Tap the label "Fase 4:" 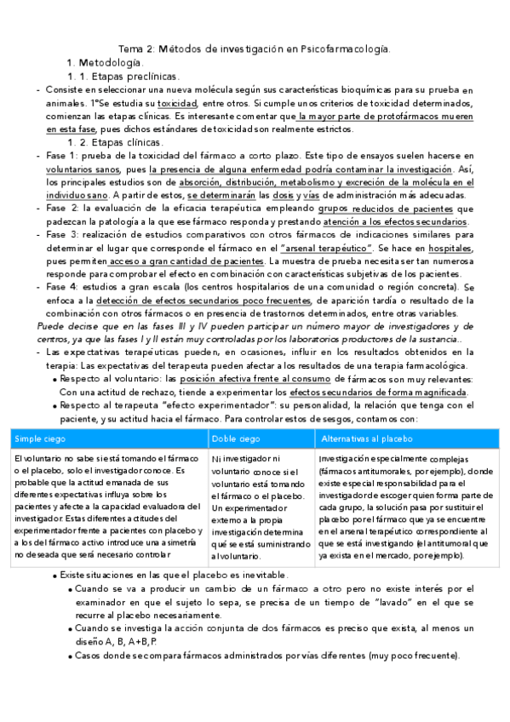pyautogui.click(x=63, y=288)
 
